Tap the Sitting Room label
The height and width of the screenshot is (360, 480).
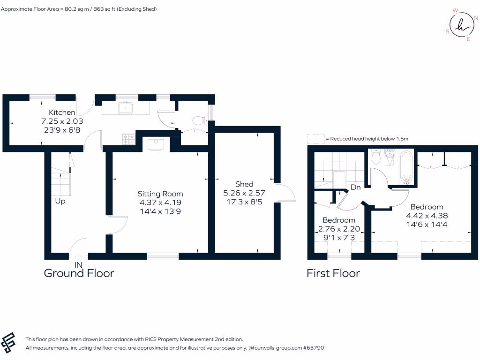click(160, 194)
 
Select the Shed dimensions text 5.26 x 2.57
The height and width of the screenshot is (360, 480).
click(244, 193)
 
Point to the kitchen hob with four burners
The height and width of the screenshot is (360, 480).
click(128, 138)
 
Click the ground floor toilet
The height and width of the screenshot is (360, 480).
click(202, 120)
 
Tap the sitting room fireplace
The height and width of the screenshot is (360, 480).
click(156, 144)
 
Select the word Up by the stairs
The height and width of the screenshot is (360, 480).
click(60, 202)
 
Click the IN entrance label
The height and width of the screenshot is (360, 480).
click(78, 265)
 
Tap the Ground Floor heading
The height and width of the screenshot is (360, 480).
click(79, 273)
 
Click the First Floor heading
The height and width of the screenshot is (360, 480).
click(333, 273)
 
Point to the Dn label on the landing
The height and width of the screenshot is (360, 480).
click(356, 187)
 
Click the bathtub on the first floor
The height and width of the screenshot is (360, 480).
click(406, 167)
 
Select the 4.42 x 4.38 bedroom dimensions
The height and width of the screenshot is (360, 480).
click(427, 216)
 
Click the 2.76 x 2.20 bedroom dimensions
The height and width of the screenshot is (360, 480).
click(338, 229)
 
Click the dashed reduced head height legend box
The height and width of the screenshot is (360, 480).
click(315, 139)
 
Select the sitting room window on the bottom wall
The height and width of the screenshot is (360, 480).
click(163, 256)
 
